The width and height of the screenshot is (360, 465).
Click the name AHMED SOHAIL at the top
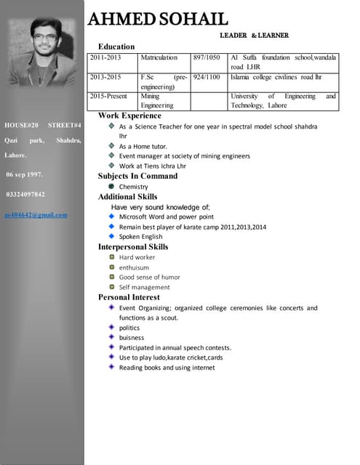coord(158,20)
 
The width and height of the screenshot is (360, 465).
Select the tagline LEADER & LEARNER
coord(254,35)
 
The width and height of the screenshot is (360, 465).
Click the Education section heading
coord(116,46)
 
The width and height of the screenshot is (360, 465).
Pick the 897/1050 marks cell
coord(207,57)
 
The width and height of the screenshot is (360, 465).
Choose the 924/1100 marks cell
coord(207,76)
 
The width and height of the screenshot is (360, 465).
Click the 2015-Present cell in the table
coord(108,96)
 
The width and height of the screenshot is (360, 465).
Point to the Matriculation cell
coord(159,57)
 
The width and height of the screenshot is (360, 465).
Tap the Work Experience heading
coord(129,116)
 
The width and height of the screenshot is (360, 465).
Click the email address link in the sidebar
coord(36,215)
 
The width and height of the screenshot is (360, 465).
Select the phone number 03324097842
coord(25,195)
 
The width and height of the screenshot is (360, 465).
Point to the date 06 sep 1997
coord(24,175)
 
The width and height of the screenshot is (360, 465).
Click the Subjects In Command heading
coord(137,176)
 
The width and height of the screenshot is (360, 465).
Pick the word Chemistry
coord(134,187)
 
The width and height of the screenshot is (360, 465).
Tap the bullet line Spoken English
coord(141,236)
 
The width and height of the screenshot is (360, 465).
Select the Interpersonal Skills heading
coord(133,247)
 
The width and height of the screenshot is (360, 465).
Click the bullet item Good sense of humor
coord(150,277)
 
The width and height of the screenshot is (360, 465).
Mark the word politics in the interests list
coord(129,328)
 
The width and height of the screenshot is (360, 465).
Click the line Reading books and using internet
coord(167,368)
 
